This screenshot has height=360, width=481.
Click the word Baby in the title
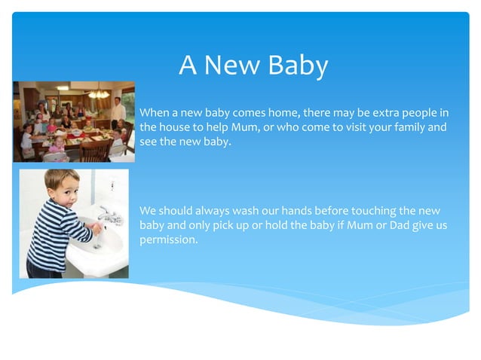click(x=299, y=66)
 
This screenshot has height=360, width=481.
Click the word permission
click(x=169, y=240)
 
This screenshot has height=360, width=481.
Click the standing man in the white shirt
click(x=118, y=112)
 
